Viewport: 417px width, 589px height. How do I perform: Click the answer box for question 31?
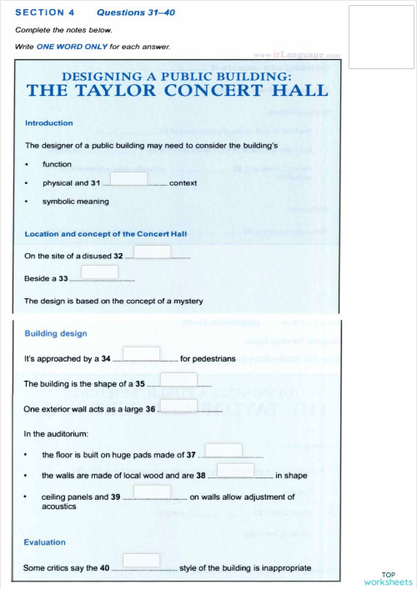click(128, 179)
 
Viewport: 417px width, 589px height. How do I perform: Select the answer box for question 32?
click(152, 252)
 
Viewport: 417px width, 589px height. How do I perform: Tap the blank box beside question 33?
click(99, 272)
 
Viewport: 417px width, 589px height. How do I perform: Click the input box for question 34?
click(141, 354)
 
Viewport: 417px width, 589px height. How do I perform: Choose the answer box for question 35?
click(178, 379)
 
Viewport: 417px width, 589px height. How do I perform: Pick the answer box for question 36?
click(178, 406)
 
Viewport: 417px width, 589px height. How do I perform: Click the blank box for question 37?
click(224, 451)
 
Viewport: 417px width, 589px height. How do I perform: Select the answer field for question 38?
click(235, 471)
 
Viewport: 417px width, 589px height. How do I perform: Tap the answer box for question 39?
click(152, 492)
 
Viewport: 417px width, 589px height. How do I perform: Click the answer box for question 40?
click(141, 561)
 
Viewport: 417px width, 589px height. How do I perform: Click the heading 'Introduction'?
click(48, 123)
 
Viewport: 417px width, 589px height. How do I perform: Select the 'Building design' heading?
click(55, 333)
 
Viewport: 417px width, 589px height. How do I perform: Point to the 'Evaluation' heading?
click(45, 542)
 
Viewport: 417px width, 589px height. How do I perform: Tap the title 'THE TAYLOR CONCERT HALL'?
click(178, 90)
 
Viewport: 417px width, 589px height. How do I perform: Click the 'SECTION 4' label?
click(44, 12)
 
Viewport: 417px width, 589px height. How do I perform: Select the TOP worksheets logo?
click(388, 578)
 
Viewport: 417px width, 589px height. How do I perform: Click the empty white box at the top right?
click(381, 37)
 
